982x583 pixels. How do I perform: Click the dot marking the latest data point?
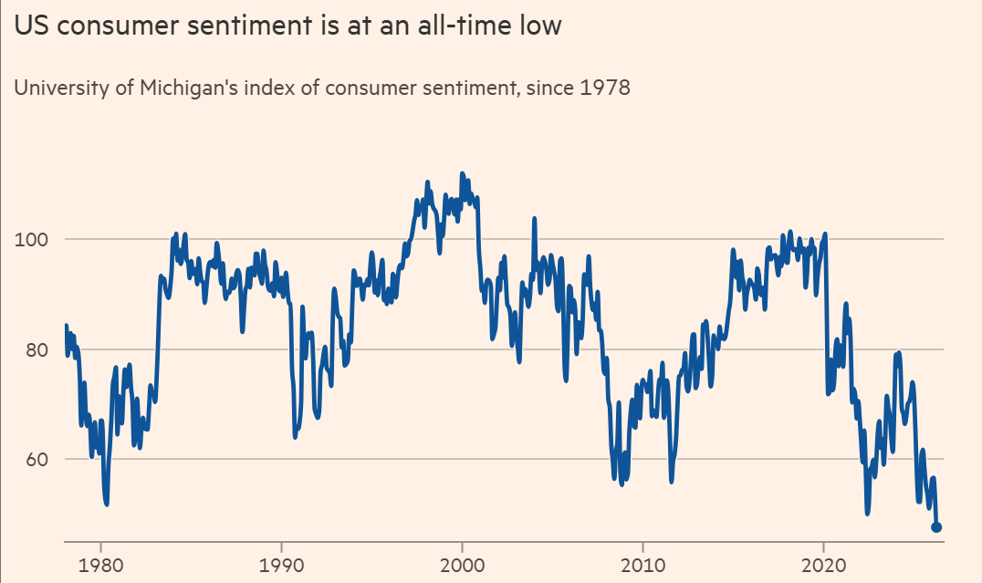click(x=936, y=527)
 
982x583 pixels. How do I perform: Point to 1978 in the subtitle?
click(x=603, y=89)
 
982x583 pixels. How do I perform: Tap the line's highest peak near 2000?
click(x=462, y=173)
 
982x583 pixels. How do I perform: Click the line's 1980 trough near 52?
click(x=107, y=503)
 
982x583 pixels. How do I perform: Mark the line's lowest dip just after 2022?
click(x=867, y=513)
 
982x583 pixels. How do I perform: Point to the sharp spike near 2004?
click(x=534, y=218)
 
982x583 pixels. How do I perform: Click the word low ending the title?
click(x=541, y=27)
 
